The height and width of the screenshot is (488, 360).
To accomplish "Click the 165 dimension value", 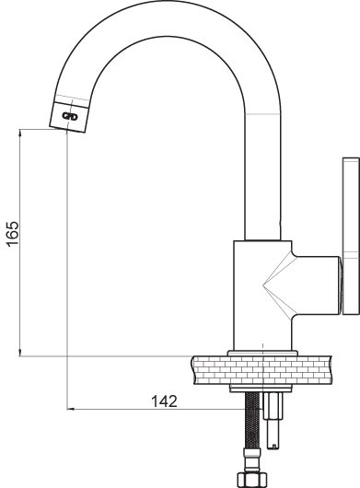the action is [x=13, y=234].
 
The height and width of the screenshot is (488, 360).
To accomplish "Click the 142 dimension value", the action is [x=164, y=401].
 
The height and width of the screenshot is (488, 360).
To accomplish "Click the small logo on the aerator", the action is [x=70, y=117].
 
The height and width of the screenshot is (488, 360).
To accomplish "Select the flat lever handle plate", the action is [x=351, y=237].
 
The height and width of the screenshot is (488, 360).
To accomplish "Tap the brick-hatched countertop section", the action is [x=262, y=370].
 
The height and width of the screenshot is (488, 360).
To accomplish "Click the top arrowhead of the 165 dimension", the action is [x=20, y=133].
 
